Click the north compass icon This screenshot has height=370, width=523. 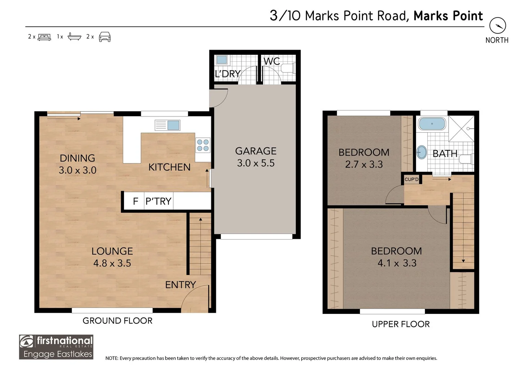498,25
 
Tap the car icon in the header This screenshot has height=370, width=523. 105,37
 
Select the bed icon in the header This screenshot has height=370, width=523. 44,37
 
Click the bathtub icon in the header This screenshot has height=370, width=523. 74,37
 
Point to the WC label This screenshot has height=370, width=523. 271,61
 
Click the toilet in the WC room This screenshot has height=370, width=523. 289,68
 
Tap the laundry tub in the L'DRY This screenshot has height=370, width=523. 222,60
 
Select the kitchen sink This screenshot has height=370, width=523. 167,125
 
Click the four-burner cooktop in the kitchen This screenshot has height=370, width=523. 203,145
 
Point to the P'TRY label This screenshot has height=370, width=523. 158,201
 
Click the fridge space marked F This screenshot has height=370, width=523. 135,201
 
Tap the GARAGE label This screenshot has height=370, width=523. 256,151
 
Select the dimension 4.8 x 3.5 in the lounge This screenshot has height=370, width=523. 112,263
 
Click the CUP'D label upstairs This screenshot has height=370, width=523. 412,180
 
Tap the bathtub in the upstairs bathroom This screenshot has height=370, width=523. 432,124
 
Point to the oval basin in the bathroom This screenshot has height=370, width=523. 422,152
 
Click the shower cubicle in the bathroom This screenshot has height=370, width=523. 461,128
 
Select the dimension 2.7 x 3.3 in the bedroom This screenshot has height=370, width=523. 364,164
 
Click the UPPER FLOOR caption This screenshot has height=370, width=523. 401,324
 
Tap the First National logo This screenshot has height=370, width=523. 56,347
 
